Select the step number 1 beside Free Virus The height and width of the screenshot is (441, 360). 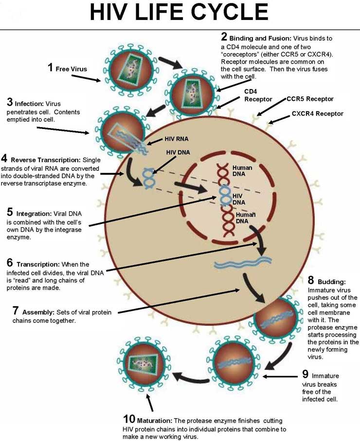pyautogui.click(x=50, y=68)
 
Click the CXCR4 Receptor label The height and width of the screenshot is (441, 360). pyautogui.click(x=317, y=114)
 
